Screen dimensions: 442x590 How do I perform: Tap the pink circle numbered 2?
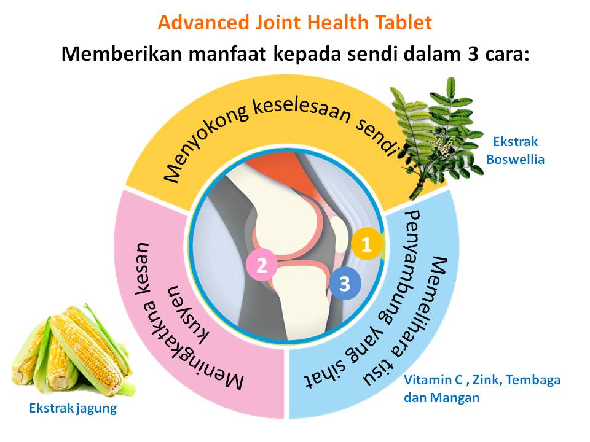pos(261,265)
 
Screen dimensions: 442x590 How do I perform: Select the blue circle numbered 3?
pos(344,284)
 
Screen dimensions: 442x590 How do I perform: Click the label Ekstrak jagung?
pos(73,408)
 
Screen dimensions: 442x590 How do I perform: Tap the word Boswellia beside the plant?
pos(515,159)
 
